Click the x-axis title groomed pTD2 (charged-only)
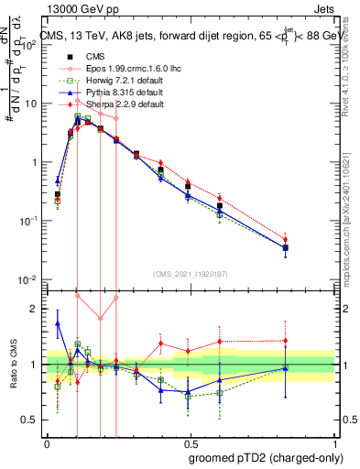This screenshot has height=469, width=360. tap(265, 457)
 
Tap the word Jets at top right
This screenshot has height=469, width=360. tap(327, 8)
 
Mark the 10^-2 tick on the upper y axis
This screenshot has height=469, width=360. tap(30, 279)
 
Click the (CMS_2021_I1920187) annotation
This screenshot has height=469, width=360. tap(191, 272)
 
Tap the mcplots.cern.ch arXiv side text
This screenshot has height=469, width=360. tap(352, 211)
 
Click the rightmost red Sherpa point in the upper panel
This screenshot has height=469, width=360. tap(286, 241)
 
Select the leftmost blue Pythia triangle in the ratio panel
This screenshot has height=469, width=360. tap(58, 323)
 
